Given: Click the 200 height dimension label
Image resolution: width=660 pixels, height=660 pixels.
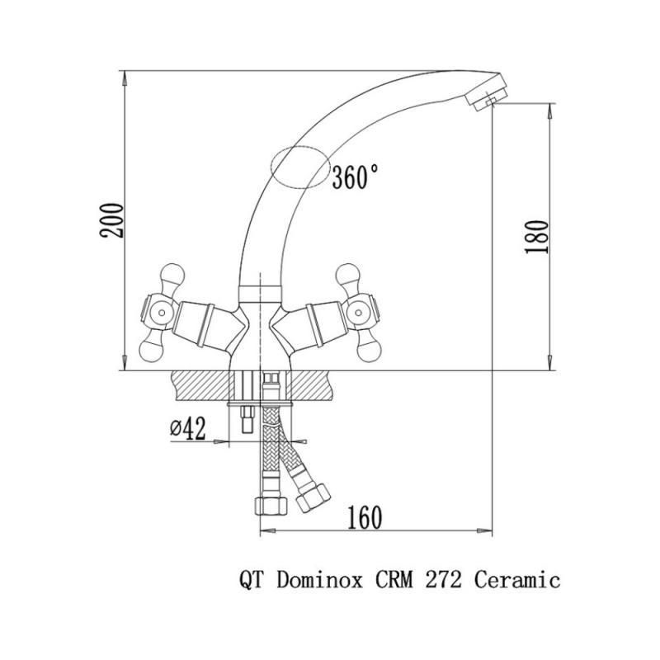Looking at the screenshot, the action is click(112, 220).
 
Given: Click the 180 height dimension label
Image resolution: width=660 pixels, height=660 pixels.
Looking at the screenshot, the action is click(537, 237).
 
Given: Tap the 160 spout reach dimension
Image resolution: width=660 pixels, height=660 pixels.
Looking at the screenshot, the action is click(365, 518).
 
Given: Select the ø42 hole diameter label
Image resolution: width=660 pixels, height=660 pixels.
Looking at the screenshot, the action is click(188, 428).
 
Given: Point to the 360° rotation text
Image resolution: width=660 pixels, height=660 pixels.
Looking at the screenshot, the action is click(355, 177).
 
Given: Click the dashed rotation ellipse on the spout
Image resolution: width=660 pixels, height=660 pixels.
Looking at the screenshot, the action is click(300, 167).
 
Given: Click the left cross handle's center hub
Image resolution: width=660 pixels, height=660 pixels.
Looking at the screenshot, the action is click(161, 313).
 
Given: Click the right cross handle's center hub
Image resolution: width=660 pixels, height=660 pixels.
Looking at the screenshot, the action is click(358, 313).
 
